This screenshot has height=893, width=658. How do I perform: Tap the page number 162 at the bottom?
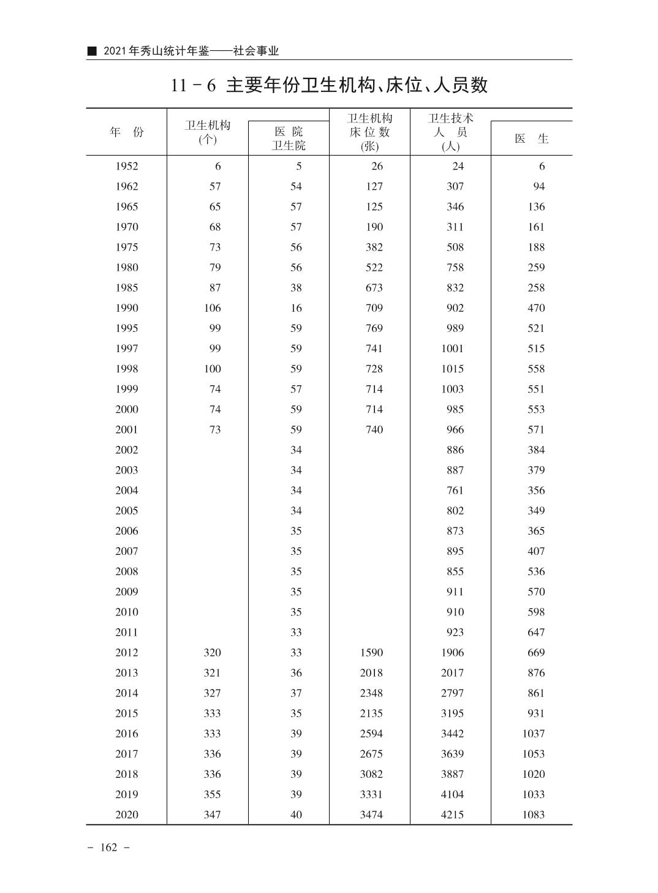[x=108, y=848]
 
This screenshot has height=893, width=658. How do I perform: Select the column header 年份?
[x=126, y=132]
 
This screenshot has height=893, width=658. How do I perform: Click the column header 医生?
[x=531, y=139]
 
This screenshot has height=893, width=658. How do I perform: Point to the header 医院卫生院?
[x=289, y=138]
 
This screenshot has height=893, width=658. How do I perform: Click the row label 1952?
[x=126, y=167]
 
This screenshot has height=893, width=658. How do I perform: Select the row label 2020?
[x=126, y=815]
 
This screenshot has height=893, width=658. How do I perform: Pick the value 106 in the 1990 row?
[x=212, y=308]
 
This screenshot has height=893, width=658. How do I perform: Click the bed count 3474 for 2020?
[x=371, y=815]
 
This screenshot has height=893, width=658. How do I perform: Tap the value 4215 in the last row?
[x=452, y=815]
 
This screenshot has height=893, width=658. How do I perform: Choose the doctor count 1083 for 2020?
[x=533, y=815]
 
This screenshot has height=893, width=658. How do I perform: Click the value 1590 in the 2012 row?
[x=371, y=653]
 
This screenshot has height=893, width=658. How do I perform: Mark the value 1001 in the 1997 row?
[x=452, y=349]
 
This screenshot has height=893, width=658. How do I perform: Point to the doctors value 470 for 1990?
[x=535, y=308]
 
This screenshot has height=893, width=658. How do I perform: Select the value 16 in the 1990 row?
[x=296, y=308]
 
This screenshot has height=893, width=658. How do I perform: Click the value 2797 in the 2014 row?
[x=452, y=693]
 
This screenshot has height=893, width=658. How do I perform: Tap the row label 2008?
[x=126, y=571]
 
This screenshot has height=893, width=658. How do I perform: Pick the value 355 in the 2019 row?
[x=212, y=794]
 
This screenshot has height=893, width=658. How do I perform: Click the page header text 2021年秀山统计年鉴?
[x=156, y=51]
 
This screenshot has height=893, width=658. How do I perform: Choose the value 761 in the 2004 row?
[x=455, y=491]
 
